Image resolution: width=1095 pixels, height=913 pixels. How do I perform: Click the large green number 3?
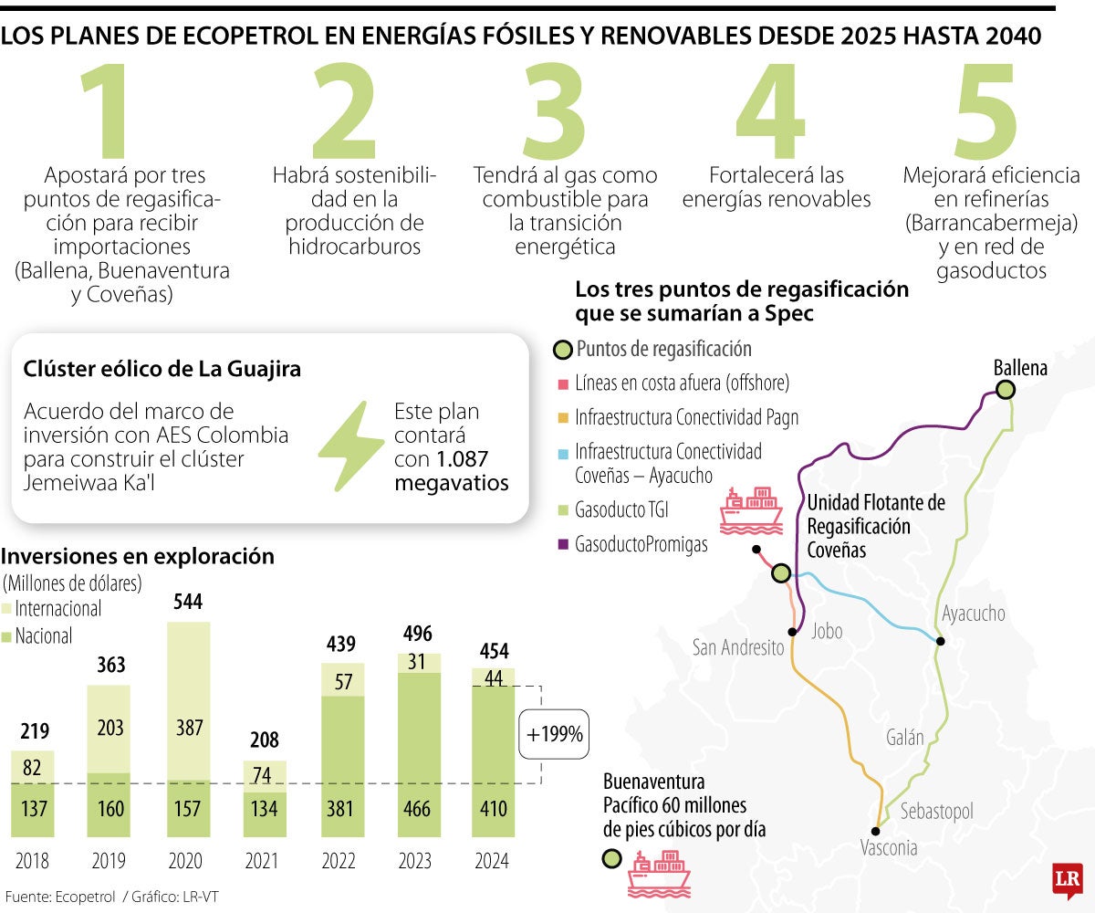[x=555, y=111]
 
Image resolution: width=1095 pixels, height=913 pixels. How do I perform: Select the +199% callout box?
[x=552, y=732]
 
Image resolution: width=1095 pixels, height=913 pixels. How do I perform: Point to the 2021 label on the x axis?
[x=266, y=861]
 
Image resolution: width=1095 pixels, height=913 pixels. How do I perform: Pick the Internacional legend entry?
[x=53, y=608]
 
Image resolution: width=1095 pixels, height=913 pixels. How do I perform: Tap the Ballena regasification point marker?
[x=1006, y=390]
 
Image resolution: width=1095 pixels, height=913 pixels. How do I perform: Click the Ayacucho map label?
[x=974, y=614]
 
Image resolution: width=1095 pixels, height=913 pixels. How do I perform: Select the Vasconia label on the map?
[x=888, y=848]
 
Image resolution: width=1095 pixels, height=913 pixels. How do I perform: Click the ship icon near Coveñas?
[x=750, y=511]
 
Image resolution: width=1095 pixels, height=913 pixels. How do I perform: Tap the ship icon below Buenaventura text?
[x=659, y=871]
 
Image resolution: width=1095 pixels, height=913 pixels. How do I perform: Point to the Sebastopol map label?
[x=936, y=812]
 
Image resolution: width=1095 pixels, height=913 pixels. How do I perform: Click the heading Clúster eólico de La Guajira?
[x=162, y=370]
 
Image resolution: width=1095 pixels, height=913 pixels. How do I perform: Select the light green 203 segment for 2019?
[x=109, y=728]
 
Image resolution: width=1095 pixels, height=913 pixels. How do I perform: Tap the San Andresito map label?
[x=738, y=648]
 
